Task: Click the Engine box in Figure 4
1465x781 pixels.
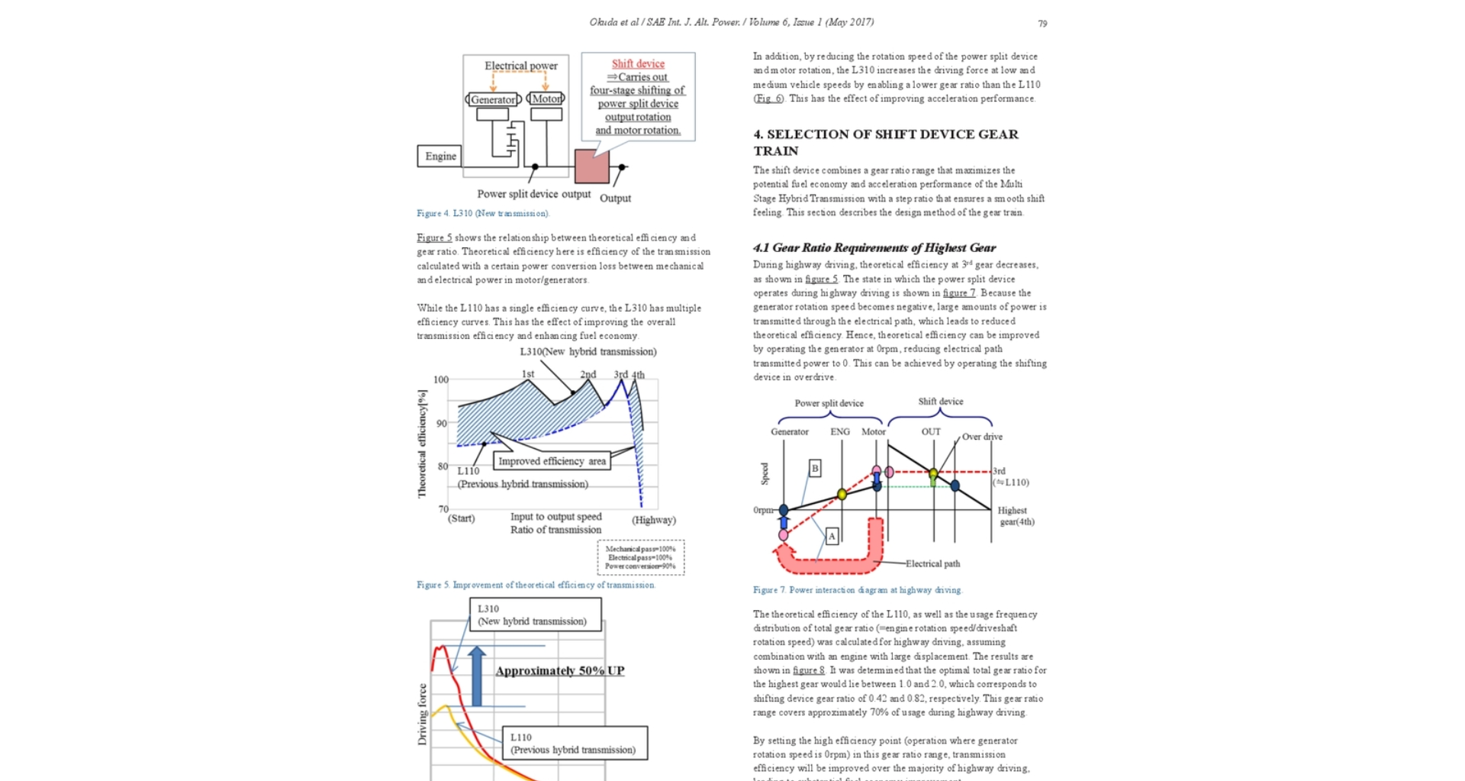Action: [x=440, y=156]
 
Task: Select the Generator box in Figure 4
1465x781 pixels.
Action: [x=493, y=99]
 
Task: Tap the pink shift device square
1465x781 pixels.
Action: [x=591, y=166]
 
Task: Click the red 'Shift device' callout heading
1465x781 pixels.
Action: [x=638, y=64]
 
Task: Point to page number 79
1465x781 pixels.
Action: [x=1042, y=24]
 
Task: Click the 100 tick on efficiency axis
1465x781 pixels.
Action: [x=441, y=379]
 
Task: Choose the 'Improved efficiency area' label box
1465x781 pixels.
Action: [x=552, y=461]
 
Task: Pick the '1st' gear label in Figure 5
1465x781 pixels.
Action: [x=528, y=374]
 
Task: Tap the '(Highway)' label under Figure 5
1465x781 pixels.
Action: [x=654, y=520]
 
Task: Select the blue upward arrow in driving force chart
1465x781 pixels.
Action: [x=477, y=676]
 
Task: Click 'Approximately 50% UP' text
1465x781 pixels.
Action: [x=559, y=670]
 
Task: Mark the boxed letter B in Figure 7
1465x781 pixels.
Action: [x=815, y=468]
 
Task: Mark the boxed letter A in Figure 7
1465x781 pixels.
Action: [x=832, y=536]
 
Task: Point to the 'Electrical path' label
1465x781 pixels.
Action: [x=932, y=563]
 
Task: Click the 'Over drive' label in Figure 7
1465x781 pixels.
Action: [x=982, y=437]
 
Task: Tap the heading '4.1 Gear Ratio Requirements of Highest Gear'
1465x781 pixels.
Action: [x=874, y=247]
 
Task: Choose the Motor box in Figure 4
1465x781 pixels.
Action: [x=546, y=99]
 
